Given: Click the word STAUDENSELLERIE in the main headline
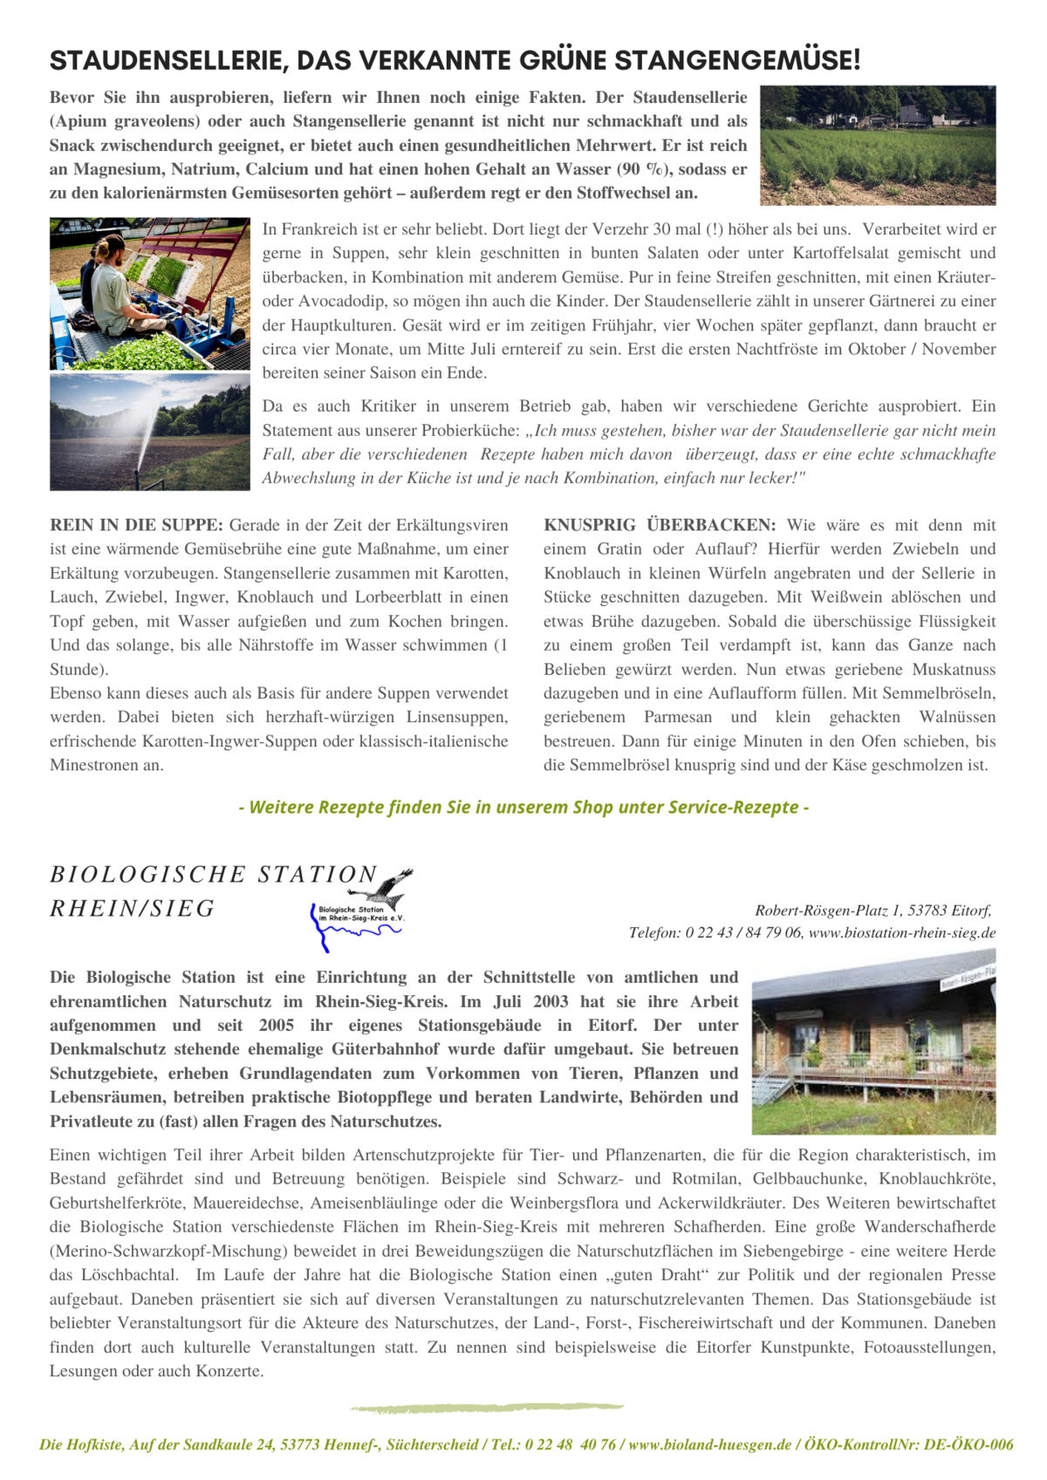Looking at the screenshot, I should (x=166, y=60).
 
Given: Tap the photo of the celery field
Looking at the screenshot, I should (x=877, y=145).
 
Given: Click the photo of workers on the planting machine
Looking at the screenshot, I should (x=149, y=293).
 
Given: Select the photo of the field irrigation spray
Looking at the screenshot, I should (x=149, y=432).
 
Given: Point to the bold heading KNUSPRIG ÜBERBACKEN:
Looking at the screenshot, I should (x=660, y=525).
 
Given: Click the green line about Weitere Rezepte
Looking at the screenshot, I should (x=523, y=807).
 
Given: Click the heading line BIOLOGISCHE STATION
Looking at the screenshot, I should (x=214, y=874).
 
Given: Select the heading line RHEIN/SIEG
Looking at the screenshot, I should (x=133, y=909).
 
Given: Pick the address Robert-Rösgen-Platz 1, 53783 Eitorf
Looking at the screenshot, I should (x=872, y=911).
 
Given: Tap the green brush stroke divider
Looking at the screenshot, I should (x=487, y=1407).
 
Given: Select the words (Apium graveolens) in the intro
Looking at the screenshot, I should (x=125, y=121).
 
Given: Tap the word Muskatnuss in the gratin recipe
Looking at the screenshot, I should (x=954, y=670).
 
